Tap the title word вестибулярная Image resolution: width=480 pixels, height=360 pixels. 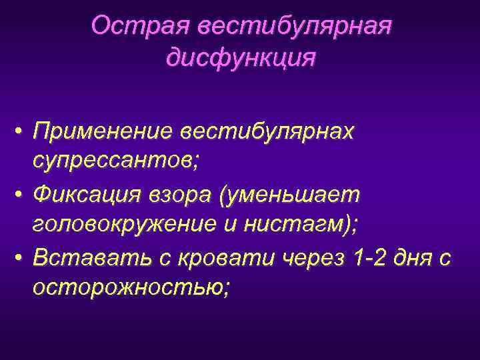click(293, 26)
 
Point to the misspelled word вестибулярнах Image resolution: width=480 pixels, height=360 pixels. click(265, 131)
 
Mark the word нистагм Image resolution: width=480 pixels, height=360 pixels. click(301, 225)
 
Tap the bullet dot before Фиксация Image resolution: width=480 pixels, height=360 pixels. click(20, 196)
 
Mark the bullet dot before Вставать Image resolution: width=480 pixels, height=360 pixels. click(20, 258)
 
